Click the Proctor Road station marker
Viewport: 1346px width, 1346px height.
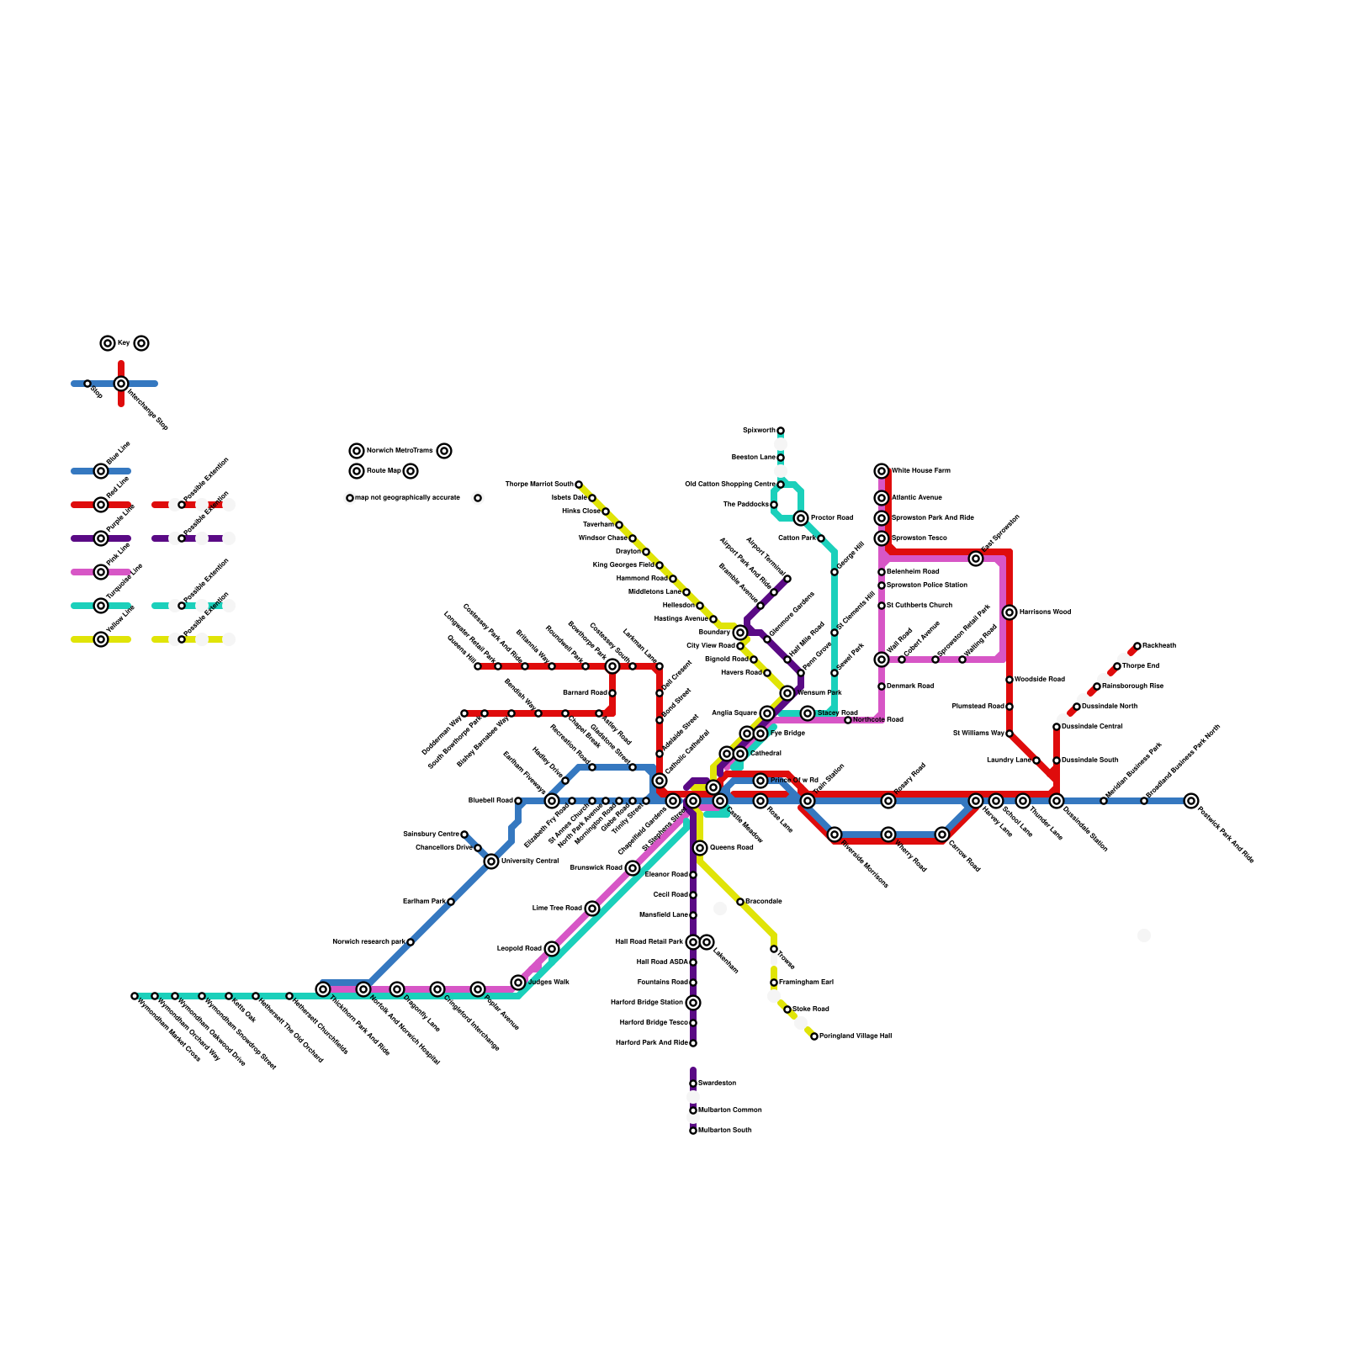pos(801,518)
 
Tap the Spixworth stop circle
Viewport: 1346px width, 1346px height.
pos(781,431)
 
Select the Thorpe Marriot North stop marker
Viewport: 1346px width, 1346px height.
pos(579,485)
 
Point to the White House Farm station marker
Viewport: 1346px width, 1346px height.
pos(882,471)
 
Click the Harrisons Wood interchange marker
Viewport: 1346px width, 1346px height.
pos(1010,612)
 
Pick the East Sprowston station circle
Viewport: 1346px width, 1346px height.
pos(976,559)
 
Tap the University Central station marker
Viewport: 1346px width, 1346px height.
pos(491,861)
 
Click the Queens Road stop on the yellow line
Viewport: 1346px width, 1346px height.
pos(700,848)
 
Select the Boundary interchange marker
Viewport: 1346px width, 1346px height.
pos(740,633)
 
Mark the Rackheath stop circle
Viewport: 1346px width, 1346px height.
pos(1137,646)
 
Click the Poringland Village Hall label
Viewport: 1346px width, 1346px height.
pos(856,1036)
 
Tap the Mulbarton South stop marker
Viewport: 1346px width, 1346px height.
pos(693,1131)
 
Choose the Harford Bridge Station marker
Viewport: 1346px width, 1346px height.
pos(693,1003)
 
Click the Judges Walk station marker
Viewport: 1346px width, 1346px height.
pos(518,983)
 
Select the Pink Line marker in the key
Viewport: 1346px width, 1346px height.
pos(101,572)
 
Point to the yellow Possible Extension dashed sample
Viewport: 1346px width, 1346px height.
pos(188,639)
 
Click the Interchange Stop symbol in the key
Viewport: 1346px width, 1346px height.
pos(121,384)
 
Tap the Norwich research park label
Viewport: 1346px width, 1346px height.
pos(368,942)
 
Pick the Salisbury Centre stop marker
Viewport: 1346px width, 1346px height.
pos(464,835)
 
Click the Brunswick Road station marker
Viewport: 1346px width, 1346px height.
pos(633,868)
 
